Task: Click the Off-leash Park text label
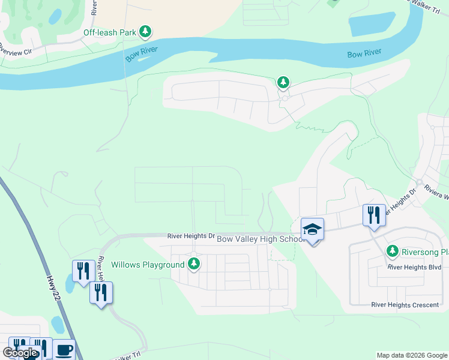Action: coord(110,32)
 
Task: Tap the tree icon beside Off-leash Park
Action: coord(145,31)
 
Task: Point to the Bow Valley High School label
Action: coord(261,239)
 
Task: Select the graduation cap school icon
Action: coord(313,230)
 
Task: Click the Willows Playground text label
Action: coord(148,265)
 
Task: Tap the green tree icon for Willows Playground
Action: coord(194,263)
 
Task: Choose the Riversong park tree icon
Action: coord(393,250)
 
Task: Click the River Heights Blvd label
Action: coord(414,267)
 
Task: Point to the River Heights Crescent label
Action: coord(405,305)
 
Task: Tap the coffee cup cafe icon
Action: coord(64,350)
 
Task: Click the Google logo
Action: coord(20,353)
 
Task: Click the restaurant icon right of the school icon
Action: coord(374,215)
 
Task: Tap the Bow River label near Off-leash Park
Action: coord(142,53)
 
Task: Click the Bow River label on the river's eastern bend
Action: coord(364,54)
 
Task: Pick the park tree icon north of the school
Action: coord(283,82)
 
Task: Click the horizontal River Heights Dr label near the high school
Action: coord(191,236)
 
